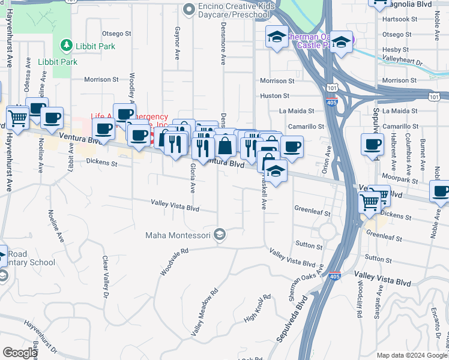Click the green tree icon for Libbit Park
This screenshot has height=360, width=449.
(65, 45)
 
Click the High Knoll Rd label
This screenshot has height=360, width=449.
(258, 308)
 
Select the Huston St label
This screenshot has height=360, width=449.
(275, 95)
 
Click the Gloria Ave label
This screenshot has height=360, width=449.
(193, 178)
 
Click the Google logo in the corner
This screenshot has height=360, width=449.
(20, 352)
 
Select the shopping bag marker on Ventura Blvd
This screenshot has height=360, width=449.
(224, 146)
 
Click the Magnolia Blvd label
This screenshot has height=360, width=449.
(410, 4)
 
